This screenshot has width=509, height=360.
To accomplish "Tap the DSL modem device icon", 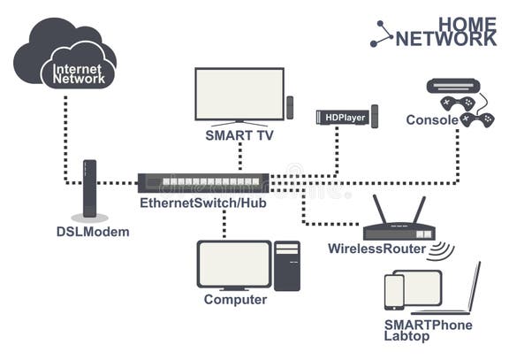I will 89,188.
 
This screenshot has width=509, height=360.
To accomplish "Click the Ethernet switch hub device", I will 203,183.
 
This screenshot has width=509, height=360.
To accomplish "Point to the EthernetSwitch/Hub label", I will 202,203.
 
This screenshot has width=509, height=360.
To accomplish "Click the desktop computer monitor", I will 233,266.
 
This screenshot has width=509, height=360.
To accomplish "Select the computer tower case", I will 287,266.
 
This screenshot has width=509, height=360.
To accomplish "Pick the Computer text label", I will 235,300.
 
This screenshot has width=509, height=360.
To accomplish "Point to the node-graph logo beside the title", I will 382,34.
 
